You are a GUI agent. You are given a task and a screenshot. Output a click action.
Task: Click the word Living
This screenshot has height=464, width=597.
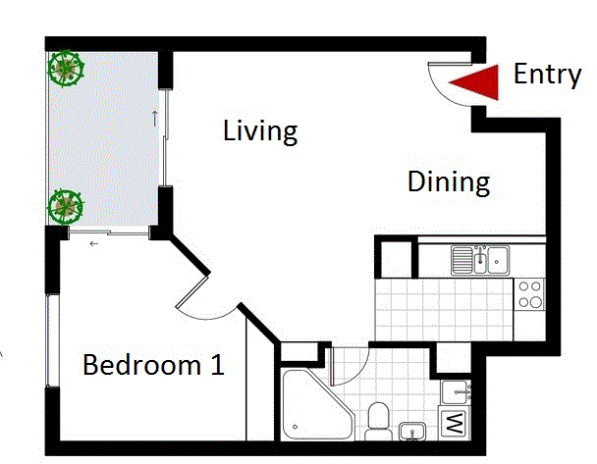coord(260,130)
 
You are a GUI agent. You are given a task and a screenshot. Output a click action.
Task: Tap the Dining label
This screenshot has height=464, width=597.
coord(448,182)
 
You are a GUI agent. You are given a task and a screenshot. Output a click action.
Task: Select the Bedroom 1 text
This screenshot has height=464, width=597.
coord(153,366)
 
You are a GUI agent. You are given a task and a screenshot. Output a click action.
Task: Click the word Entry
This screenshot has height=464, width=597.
coord(547,75)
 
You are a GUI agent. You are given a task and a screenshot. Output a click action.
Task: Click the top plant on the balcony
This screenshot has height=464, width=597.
coord(67,68)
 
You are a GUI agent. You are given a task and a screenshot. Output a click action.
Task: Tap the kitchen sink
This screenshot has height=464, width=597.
coord(479,260)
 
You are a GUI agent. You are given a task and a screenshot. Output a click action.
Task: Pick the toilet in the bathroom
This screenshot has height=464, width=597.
coord(377,424)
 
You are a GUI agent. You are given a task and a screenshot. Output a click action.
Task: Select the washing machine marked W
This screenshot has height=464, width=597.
coord(455,425)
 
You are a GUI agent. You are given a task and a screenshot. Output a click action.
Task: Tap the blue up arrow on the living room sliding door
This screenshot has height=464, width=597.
coord(154,119)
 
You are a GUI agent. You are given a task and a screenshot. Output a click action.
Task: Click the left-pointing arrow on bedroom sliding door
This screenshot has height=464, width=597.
coord(94,242)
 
